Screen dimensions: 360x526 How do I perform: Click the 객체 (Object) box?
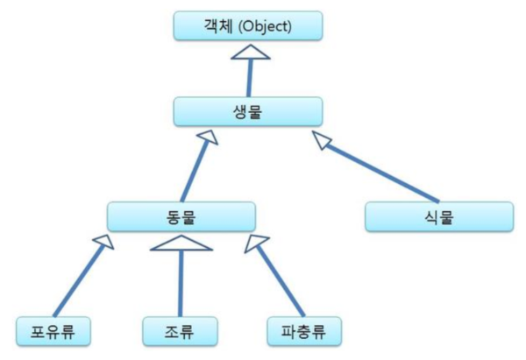tap(246, 25)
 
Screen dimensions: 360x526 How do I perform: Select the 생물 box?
tap(248, 111)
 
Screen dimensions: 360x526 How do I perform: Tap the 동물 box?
tap(181, 216)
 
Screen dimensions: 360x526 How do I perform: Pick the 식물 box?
tap(438, 216)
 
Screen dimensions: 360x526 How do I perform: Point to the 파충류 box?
tap(303, 331)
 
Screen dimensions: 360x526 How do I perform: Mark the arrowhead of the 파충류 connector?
tap(257, 244)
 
